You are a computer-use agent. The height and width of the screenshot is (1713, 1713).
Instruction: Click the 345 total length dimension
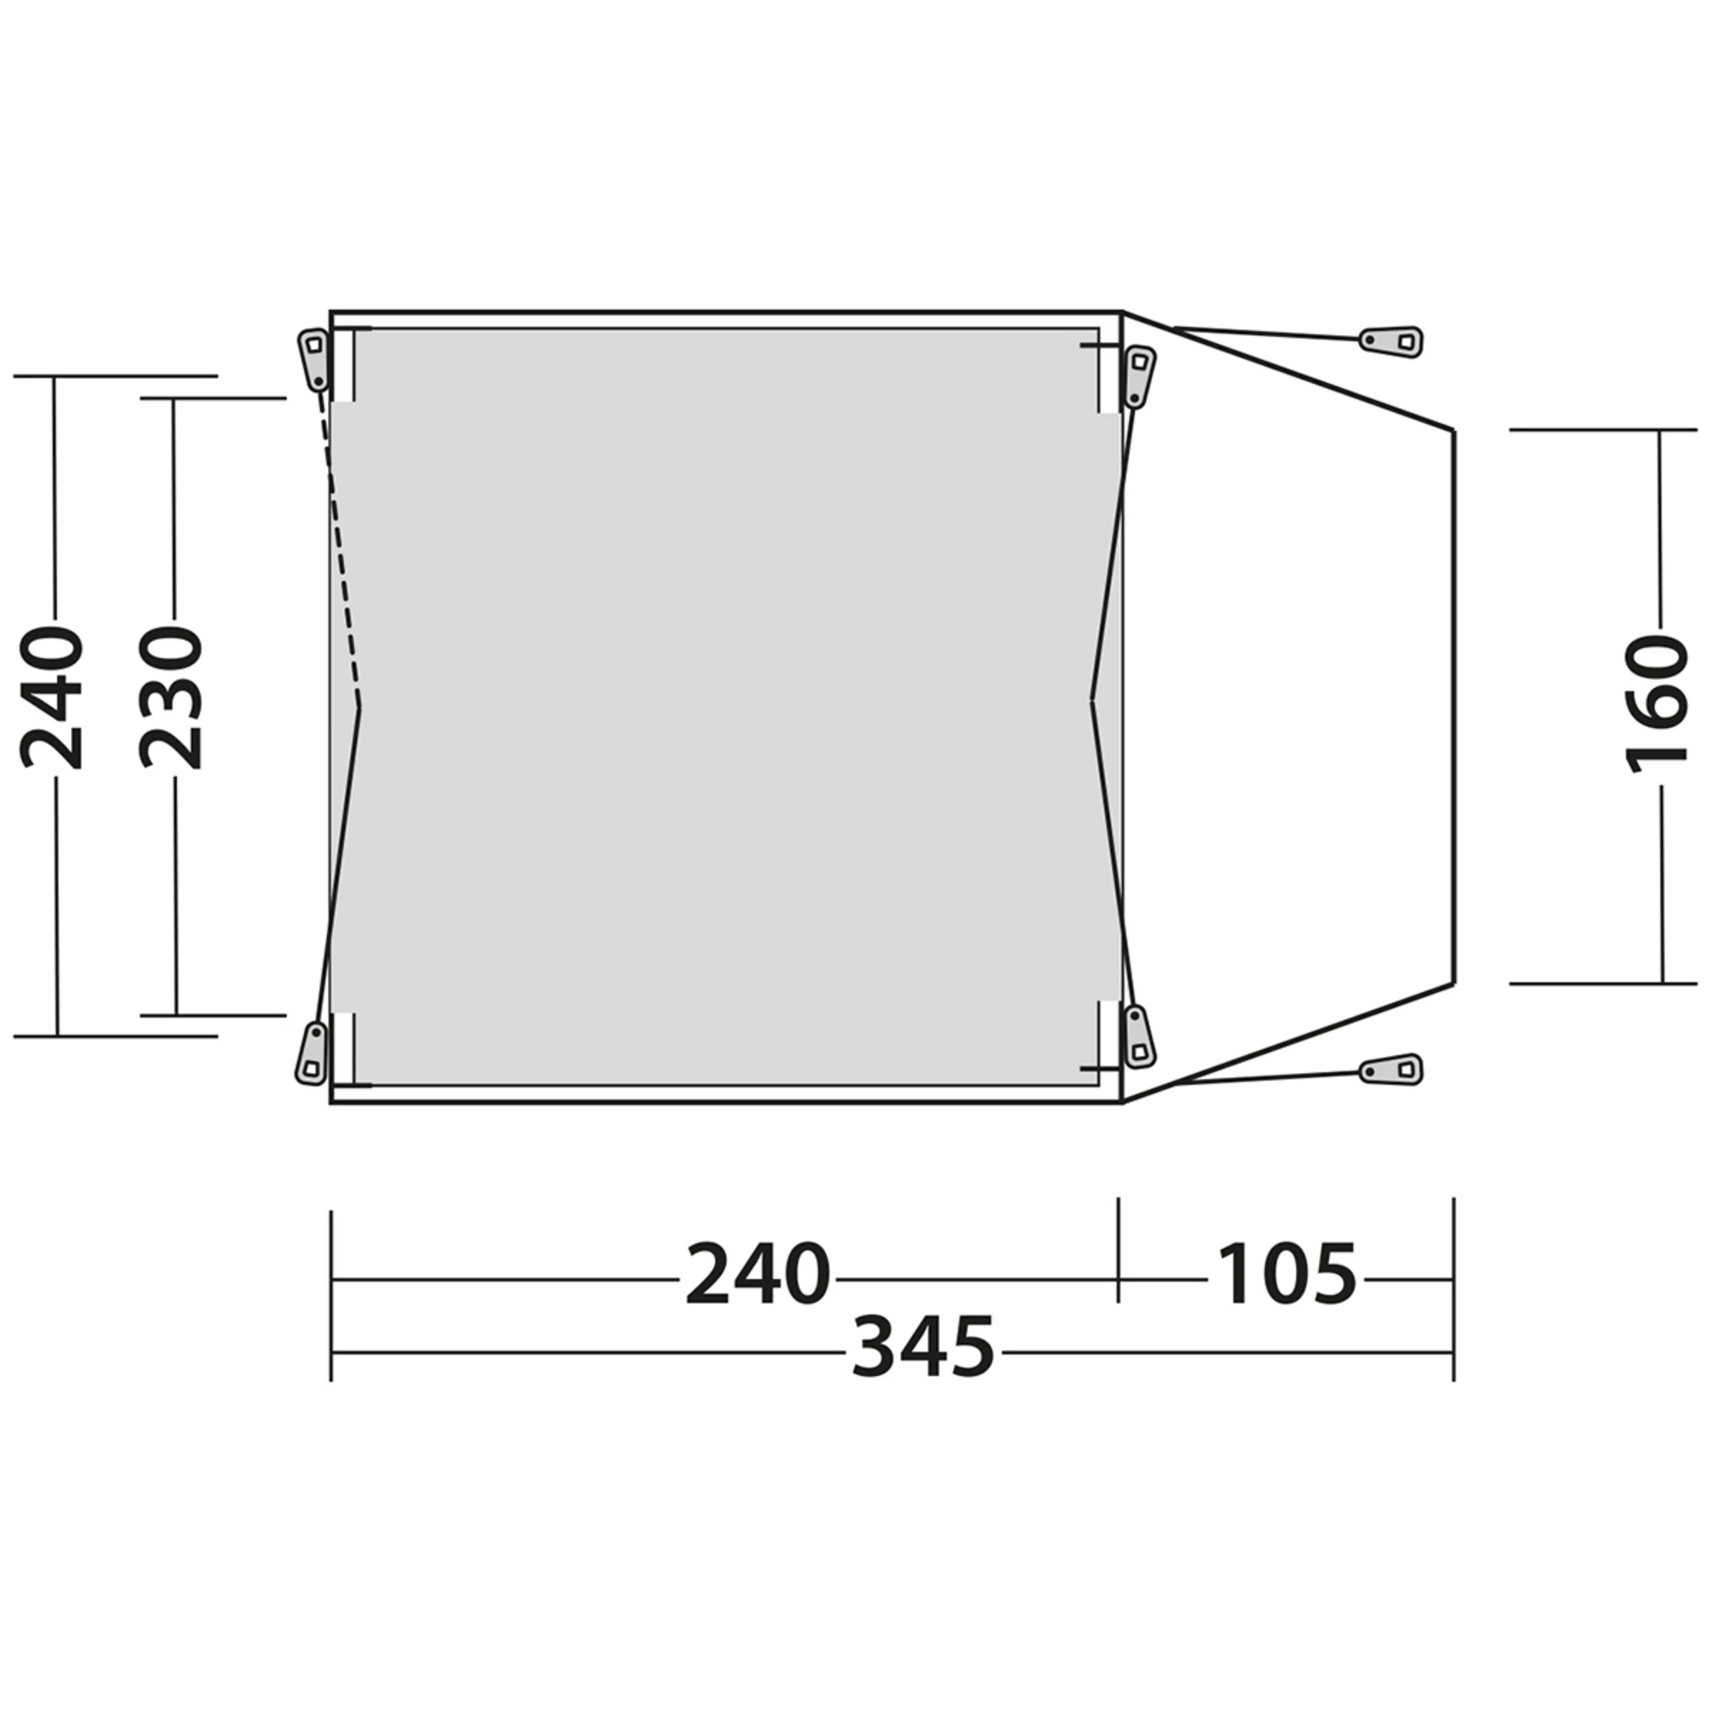[924, 1348]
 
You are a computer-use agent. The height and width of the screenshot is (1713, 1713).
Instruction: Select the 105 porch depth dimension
[1286, 1275]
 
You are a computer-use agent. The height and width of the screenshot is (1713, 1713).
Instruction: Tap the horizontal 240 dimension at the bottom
[758, 1275]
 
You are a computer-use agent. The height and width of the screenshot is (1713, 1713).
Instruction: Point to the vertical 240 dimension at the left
[51, 699]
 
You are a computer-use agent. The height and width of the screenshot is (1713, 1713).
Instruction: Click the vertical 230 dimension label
[171, 699]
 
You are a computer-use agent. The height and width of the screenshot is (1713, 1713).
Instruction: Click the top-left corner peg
[313, 358]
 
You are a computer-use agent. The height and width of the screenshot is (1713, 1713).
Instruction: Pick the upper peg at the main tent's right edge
[1138, 377]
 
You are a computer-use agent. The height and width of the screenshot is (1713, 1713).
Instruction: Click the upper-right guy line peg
[1392, 340]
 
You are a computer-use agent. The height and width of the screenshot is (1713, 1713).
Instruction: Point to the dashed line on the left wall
[341, 550]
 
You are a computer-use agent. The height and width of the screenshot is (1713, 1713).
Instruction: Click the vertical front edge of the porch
[1454, 706]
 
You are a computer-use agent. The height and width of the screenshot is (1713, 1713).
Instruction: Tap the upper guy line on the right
[1268, 333]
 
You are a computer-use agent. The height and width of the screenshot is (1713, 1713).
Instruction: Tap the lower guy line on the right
[1268, 1077]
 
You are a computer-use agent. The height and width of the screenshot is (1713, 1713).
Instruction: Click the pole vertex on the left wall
[359, 707]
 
